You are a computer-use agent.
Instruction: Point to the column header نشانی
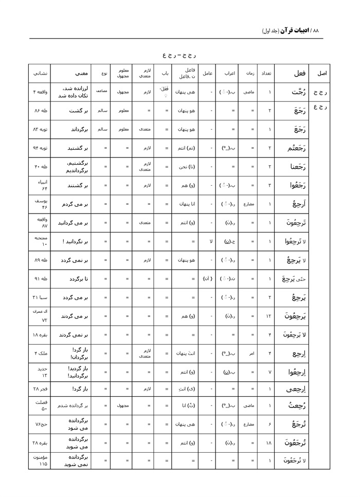[39, 74]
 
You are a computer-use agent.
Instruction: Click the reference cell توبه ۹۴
[39, 148]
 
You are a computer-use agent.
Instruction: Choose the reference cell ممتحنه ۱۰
[39, 241]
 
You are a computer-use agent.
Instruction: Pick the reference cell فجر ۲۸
[39, 389]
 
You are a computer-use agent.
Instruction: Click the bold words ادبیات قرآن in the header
[295, 30]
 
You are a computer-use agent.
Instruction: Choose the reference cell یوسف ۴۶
[39, 204]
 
